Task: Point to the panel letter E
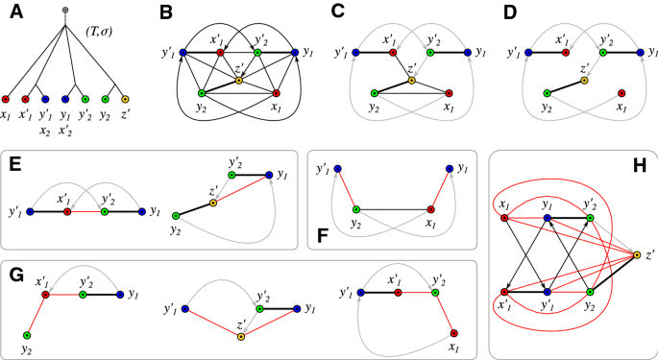click(14, 164)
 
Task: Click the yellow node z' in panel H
click(637, 254)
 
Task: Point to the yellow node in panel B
click(239, 81)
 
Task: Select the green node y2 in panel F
click(355, 208)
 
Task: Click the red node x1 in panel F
click(430, 208)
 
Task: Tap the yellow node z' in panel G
click(241, 336)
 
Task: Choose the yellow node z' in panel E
click(213, 204)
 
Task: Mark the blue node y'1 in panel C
click(355, 52)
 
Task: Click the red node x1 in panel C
click(450, 93)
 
